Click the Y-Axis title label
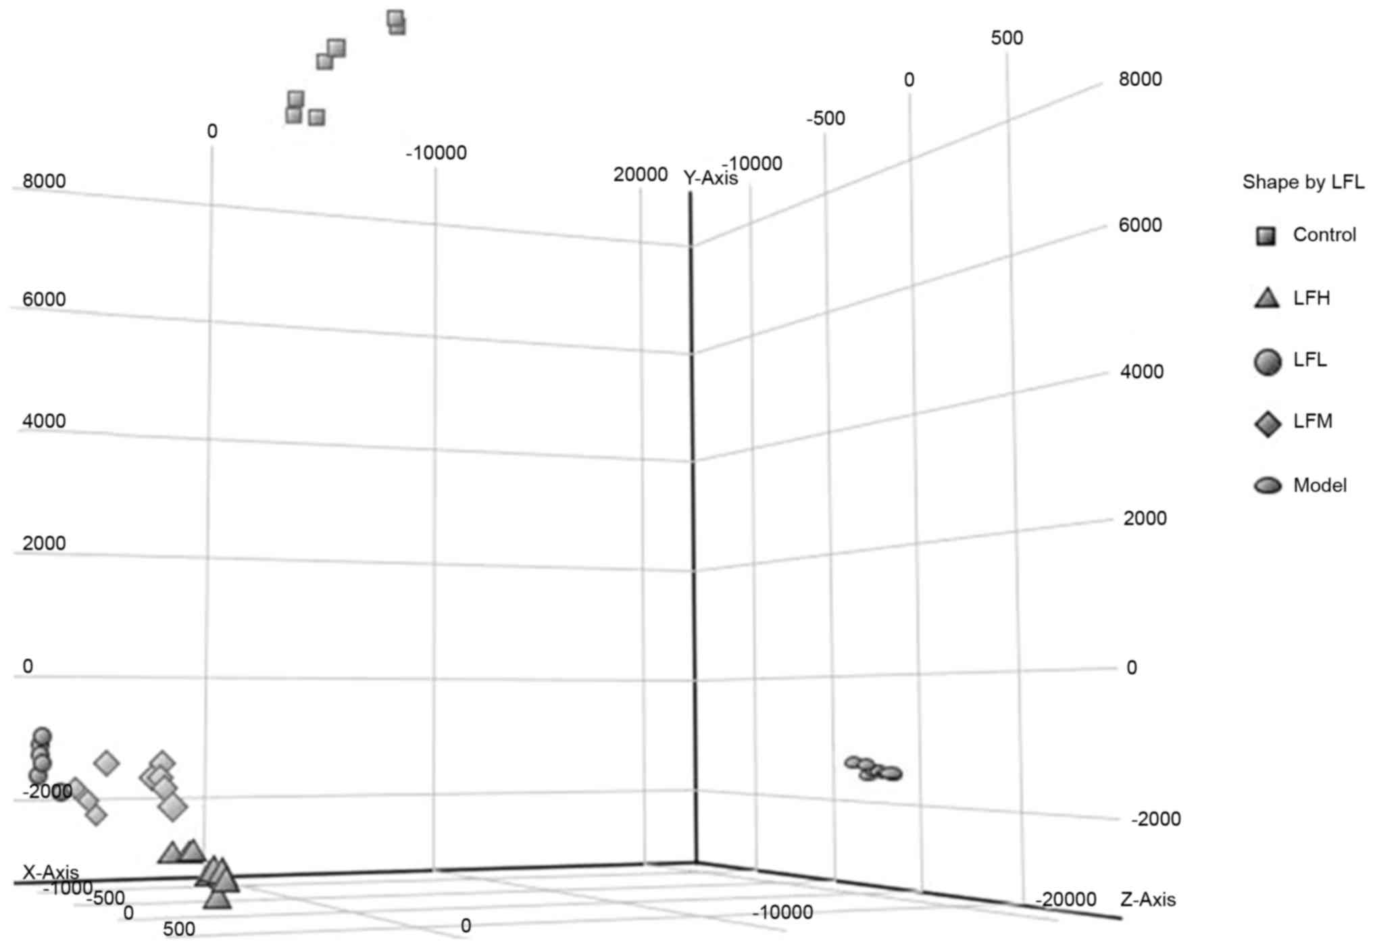(x=710, y=178)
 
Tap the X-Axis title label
(x=51, y=872)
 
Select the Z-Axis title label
(x=1148, y=899)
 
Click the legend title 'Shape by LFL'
(x=1303, y=182)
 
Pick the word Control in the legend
(x=1324, y=234)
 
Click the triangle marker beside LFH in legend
(x=1267, y=299)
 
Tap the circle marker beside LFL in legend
(x=1268, y=362)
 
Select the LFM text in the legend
(x=1312, y=422)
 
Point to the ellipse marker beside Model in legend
(x=1268, y=485)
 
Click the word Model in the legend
(x=1320, y=485)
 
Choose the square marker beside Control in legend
(x=1266, y=236)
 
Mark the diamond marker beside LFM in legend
(x=1268, y=424)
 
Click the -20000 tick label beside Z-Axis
(x=1066, y=899)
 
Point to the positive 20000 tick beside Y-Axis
(x=640, y=174)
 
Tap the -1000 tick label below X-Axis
(x=68, y=888)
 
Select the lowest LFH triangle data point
(x=217, y=899)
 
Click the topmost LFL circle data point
(x=42, y=736)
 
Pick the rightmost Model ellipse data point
(x=892, y=772)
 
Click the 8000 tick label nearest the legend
(x=1140, y=79)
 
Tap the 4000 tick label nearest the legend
(x=1141, y=372)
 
